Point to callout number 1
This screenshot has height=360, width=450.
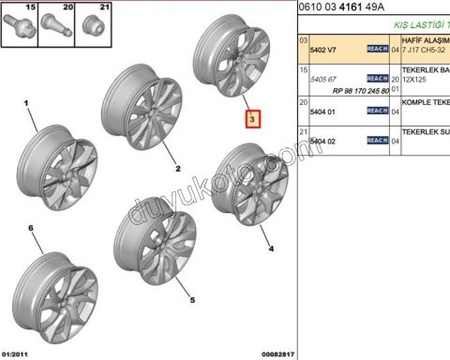click(27, 105)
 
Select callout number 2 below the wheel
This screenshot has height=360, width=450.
click(176, 170)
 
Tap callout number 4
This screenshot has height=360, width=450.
click(272, 249)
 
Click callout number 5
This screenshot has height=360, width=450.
click(193, 300)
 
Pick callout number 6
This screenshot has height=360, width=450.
click(30, 229)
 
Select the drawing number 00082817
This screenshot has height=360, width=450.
click(278, 352)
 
